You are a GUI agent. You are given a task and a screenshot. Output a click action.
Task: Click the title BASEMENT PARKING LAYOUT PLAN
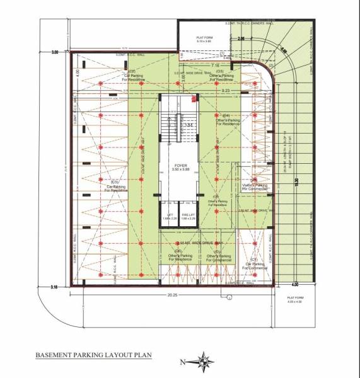pos(93,355)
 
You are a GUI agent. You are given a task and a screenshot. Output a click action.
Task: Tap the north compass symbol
pos(203,361)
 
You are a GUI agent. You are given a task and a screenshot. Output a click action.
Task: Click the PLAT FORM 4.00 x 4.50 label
pos(295,299)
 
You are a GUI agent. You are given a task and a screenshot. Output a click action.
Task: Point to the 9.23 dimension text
pos(226,91)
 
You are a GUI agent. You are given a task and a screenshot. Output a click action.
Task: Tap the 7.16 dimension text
pos(215,65)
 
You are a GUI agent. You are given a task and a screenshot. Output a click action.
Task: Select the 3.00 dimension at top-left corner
pos(55,52)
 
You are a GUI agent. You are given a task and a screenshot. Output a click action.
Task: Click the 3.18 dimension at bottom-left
pos(55,287)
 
